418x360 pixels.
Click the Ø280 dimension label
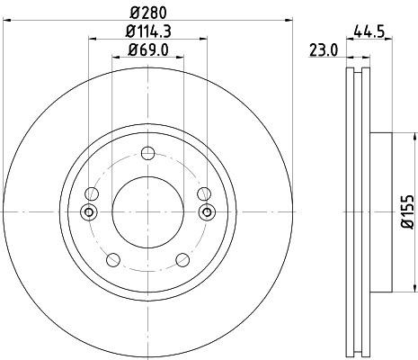coord(147,13)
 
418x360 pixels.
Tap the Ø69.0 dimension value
coord(147,49)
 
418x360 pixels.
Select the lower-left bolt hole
coord(112,260)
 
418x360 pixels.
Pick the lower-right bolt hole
coord(182,260)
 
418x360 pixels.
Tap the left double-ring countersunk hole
coord(88,211)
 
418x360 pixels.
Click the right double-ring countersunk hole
coord(207,211)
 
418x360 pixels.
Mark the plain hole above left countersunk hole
coord(91,193)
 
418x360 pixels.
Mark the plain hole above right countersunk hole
coord(204,193)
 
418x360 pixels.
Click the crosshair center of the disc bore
coord(147,211)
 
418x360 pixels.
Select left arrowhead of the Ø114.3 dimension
coord(93,40)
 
